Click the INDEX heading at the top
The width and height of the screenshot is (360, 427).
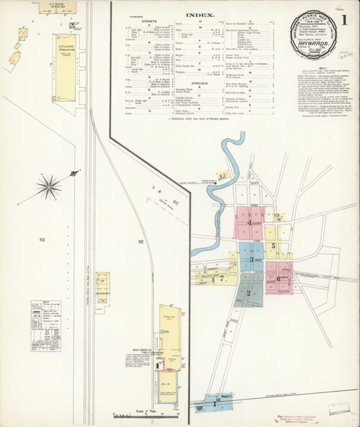point(198,14)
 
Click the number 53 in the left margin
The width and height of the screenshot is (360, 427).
point(42,238)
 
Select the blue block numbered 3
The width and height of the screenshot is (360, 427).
point(252,260)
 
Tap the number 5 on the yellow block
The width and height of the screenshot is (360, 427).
point(274,246)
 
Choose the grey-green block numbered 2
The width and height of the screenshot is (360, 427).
point(248,292)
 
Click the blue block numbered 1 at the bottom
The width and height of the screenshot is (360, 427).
point(214,403)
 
